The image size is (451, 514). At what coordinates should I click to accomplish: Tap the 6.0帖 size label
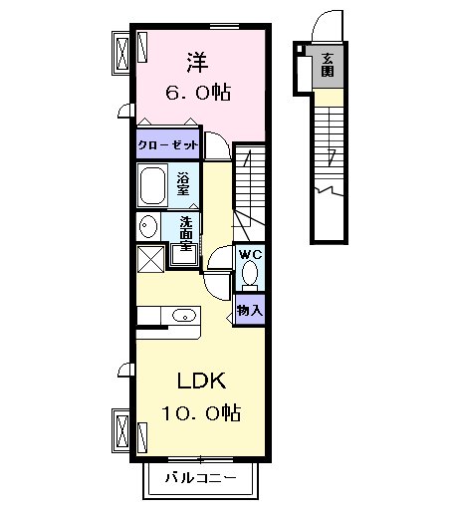pos(197,93)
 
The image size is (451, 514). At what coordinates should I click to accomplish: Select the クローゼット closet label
pos(168,145)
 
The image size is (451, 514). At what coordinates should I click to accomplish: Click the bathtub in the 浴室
pos(154,185)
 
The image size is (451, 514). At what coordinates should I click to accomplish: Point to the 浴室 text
pos(184,186)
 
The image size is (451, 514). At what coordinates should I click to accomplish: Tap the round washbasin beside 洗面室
pos(147,224)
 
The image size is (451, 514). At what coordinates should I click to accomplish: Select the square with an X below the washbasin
pos(149,259)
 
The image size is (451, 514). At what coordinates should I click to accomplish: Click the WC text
pos(249,254)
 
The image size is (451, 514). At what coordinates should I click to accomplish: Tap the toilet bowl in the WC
pos(250,274)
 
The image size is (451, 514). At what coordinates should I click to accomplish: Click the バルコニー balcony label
pos(202,480)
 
